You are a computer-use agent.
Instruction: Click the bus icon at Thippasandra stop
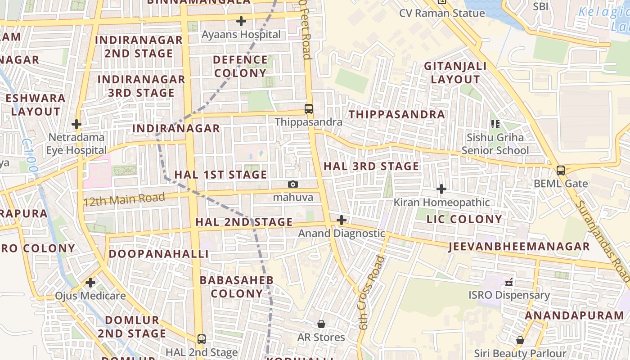click(309, 108)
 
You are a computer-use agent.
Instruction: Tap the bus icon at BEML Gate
click(560, 170)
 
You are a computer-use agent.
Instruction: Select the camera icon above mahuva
click(293, 184)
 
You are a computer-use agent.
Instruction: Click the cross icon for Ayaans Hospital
click(241, 21)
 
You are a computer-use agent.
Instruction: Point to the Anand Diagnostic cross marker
click(342, 220)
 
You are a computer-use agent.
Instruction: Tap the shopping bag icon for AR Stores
click(321, 324)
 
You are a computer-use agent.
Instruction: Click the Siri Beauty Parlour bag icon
click(520, 340)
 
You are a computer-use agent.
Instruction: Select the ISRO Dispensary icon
click(509, 282)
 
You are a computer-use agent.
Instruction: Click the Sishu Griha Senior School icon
click(495, 124)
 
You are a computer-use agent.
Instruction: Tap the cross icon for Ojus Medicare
click(90, 283)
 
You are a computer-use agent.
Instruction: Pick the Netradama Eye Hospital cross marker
click(76, 124)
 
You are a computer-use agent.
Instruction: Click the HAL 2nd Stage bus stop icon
click(202, 339)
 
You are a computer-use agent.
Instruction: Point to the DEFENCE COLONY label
click(240, 66)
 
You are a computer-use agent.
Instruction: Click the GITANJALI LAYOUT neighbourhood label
click(455, 73)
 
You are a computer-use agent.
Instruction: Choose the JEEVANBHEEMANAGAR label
click(519, 246)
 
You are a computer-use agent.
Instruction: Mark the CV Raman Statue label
click(442, 13)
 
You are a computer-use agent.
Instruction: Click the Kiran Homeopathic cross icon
click(441, 189)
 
